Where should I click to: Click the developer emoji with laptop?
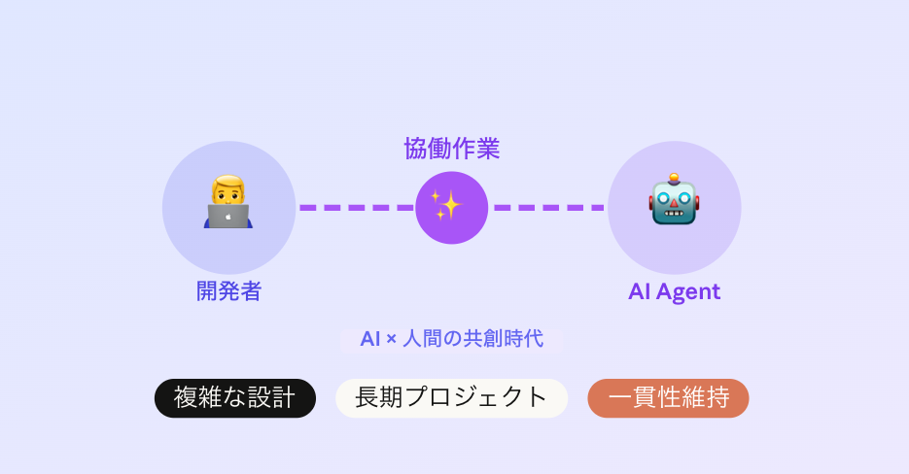tap(228, 203)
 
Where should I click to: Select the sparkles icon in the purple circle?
tap(451, 207)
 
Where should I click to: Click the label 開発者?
tap(228, 290)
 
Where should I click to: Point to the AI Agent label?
tap(674, 291)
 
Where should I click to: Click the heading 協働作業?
tap(451, 149)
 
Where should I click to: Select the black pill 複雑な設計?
tap(235, 398)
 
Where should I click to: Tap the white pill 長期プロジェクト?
tap(451, 398)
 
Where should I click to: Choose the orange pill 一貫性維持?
tap(668, 398)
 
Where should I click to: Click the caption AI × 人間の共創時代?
tap(451, 339)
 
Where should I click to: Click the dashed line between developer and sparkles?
tap(356, 207)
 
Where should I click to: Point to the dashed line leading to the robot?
tap(548, 207)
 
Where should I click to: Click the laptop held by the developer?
tap(228, 217)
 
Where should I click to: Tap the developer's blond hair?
tap(228, 182)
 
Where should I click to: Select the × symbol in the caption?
tap(391, 340)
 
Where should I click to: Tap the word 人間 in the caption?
tap(425, 339)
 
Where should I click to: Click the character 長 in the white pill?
tap(367, 398)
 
